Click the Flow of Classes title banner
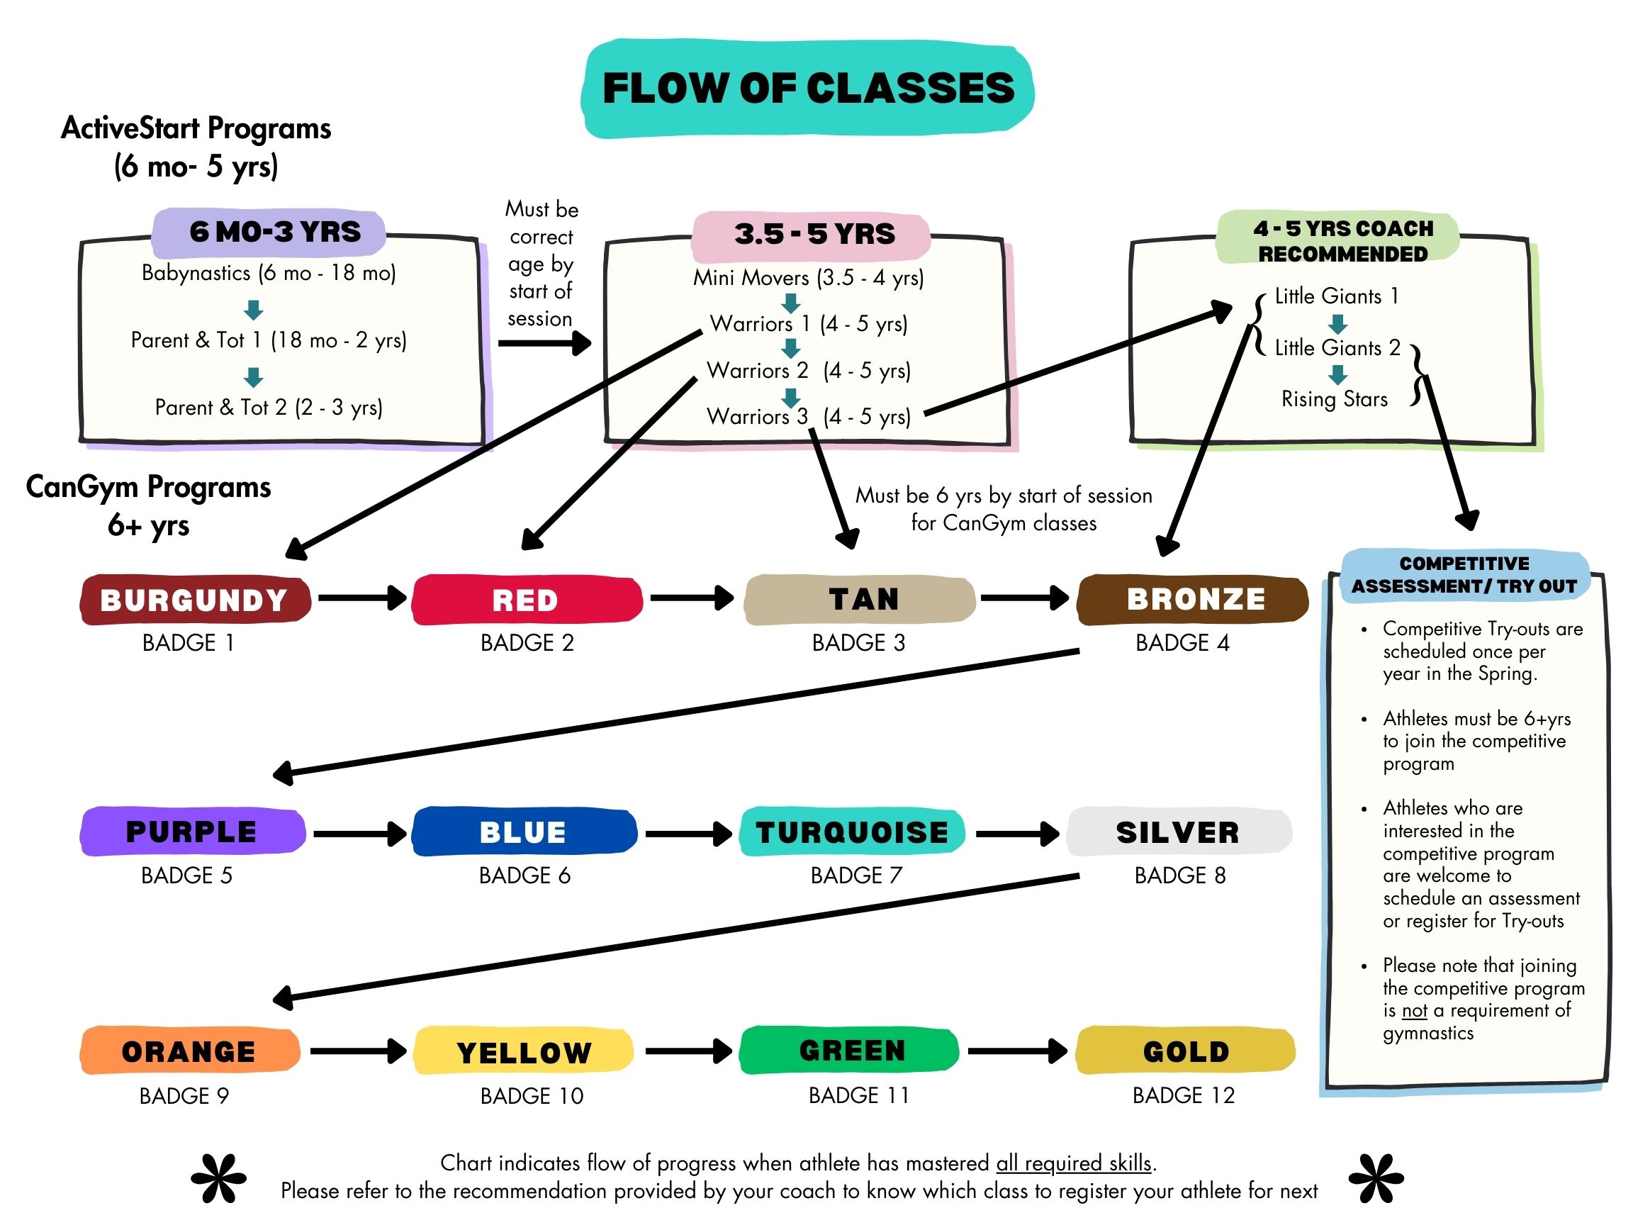pyautogui.click(x=808, y=89)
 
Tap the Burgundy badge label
pyautogui.click(x=194, y=600)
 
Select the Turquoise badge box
pyautogui.click(x=852, y=832)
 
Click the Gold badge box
pyautogui.click(x=1185, y=1051)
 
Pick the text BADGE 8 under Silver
pyautogui.click(x=1179, y=875)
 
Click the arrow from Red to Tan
pyautogui.click(x=692, y=598)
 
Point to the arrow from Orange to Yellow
pyautogui.click(x=358, y=1050)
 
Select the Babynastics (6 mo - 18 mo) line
pyautogui.click(x=269, y=273)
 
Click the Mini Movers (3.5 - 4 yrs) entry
pyautogui.click(x=809, y=278)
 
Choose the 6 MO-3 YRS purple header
pyautogui.click(x=274, y=232)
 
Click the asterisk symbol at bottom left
pyautogui.click(x=219, y=1178)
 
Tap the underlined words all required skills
pyautogui.click(x=1073, y=1163)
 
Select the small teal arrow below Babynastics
pyautogui.click(x=253, y=309)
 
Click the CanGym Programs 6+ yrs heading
pyautogui.click(x=148, y=505)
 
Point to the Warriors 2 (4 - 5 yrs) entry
pyautogui.click(x=809, y=370)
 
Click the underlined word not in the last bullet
pyautogui.click(x=1415, y=1011)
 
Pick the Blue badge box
pyautogui.click(x=523, y=832)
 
